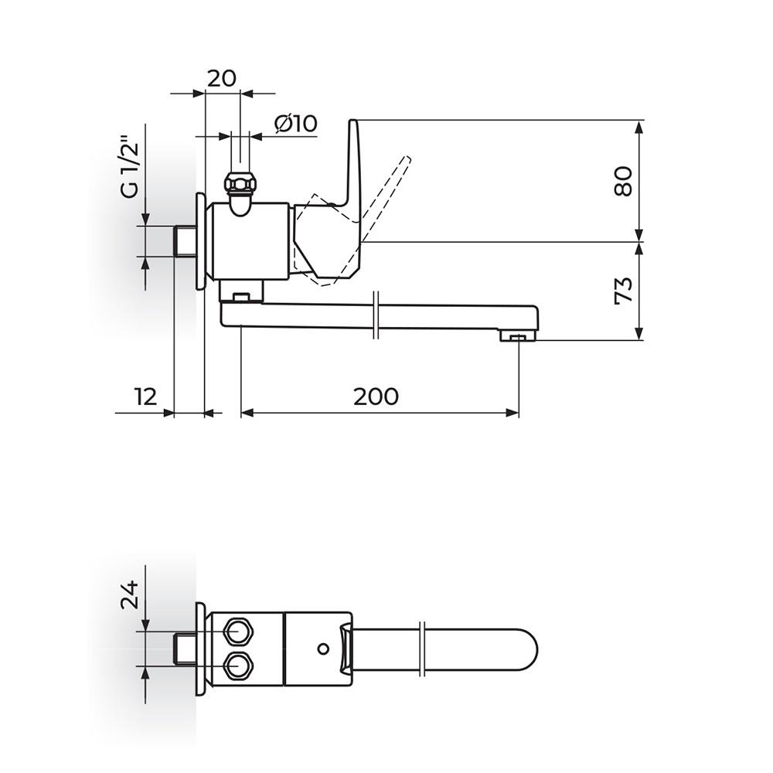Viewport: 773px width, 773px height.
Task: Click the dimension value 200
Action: pos(376,397)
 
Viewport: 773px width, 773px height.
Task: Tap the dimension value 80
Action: pos(624,182)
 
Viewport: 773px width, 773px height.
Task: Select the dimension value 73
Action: pos(624,291)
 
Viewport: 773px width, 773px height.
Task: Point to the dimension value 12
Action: pos(146,397)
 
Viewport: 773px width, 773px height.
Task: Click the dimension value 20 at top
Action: pos(221,78)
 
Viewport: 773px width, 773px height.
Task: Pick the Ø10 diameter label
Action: pos(296,123)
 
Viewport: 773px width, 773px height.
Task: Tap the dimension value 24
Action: pos(131,594)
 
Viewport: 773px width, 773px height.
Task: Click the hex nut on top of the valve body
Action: pos(240,184)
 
